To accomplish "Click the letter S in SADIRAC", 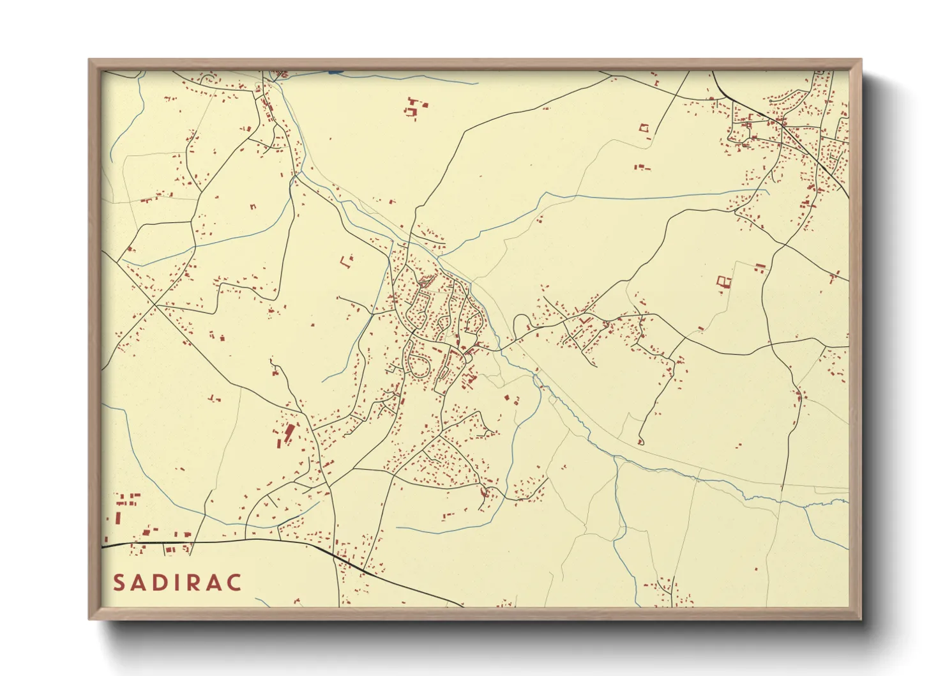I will (119, 583).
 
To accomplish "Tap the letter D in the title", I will (162, 583).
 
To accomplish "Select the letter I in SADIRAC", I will (181, 583).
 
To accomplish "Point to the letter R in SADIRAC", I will (197, 583).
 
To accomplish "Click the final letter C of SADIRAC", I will (235, 583).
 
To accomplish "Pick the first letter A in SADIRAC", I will (140, 583).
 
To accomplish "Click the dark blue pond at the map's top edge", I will (335, 72).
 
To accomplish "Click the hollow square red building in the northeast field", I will (644, 128).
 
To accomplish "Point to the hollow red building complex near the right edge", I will (723, 281).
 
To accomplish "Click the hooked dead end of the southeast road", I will (640, 441).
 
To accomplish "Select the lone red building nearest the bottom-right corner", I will (756, 569).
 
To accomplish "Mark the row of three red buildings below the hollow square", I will (641, 167).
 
